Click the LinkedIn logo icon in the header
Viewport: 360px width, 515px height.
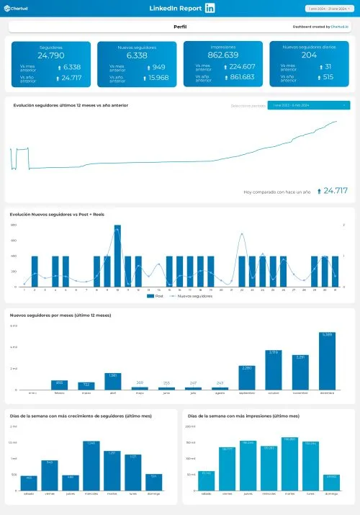coord(210,8)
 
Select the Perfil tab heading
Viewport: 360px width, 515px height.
coord(180,26)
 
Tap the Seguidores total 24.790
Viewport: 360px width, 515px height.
coord(51,55)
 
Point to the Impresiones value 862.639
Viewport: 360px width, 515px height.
coord(222,55)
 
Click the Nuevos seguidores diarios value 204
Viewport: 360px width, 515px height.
coord(309,55)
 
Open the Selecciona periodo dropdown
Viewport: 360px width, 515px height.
coord(308,105)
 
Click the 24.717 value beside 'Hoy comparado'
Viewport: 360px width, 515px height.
coord(335,191)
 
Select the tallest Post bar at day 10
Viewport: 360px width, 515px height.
coord(117,256)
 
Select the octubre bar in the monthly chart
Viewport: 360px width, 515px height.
coord(274,370)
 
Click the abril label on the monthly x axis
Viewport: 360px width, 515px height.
coord(112,393)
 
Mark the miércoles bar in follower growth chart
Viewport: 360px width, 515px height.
coord(91,465)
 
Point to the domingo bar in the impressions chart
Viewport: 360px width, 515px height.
coord(331,482)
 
